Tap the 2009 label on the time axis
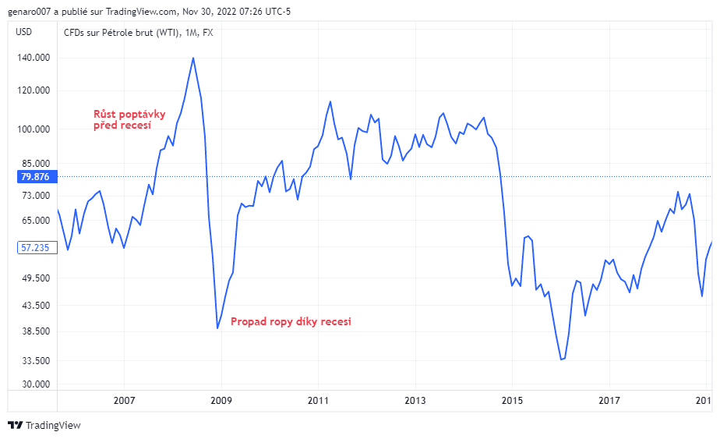click(x=221, y=401)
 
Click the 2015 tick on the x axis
click(x=512, y=401)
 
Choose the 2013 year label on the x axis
click(x=415, y=401)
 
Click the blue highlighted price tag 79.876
click(x=35, y=177)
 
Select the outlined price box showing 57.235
click(x=35, y=247)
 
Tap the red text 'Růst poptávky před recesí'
click(x=129, y=119)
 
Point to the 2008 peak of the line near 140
click(x=193, y=58)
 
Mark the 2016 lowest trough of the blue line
click(x=561, y=359)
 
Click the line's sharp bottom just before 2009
click(x=217, y=328)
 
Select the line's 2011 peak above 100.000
click(x=330, y=101)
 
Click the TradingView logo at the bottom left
click(x=44, y=426)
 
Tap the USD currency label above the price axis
click(x=24, y=32)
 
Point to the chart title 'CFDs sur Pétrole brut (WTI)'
click(x=121, y=32)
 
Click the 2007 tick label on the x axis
click(x=125, y=401)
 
